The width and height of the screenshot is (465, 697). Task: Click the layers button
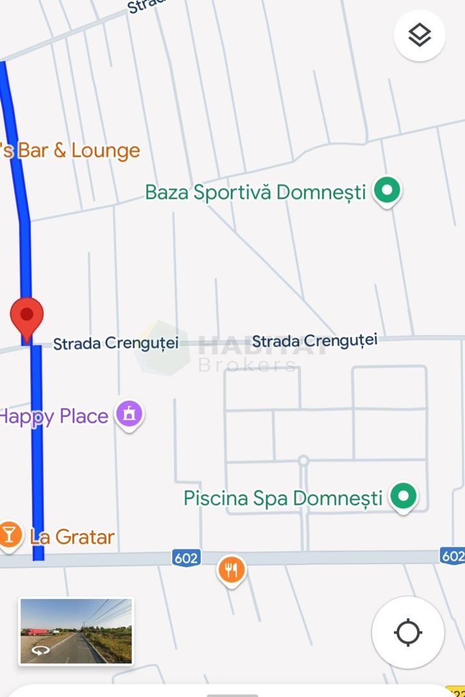coord(420,35)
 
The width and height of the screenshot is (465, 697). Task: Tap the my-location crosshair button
coord(408,632)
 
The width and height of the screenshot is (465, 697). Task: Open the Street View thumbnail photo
coord(76,631)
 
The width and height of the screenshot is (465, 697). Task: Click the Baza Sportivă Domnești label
coord(255,192)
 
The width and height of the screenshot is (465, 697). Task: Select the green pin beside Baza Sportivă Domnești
coord(387,191)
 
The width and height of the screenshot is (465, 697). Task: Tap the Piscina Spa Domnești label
coord(283,498)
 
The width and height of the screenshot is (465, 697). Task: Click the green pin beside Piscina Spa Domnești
coord(404,497)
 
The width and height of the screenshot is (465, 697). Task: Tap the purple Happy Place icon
coord(129,414)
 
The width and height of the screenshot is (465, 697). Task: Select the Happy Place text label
coord(54,416)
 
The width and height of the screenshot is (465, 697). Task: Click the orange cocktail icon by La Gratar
coord(10,535)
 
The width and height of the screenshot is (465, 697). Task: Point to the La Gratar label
coord(72,537)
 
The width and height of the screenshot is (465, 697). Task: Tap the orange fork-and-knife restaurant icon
coord(231,569)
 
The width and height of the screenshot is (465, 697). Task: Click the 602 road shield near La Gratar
coord(186,558)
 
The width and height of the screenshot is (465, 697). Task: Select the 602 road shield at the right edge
coord(453,556)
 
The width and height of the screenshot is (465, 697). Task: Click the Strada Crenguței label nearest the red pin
coord(116,343)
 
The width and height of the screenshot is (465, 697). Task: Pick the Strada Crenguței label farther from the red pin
coord(315,341)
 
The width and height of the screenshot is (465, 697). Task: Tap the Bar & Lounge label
coord(71,151)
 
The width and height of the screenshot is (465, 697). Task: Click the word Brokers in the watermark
coord(247,366)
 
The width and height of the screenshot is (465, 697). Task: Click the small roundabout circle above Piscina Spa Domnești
coord(303,461)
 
